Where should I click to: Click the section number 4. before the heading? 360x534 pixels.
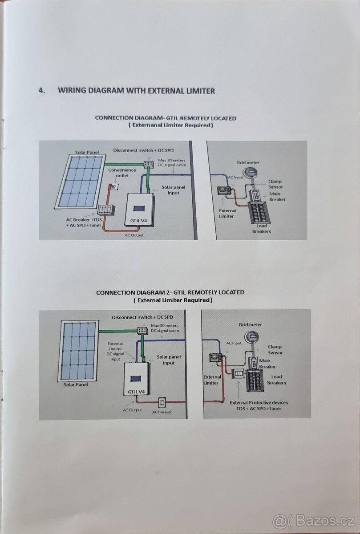(x=42, y=91)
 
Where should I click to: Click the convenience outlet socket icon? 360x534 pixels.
(x=114, y=187)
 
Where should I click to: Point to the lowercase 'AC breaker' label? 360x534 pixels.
(x=162, y=412)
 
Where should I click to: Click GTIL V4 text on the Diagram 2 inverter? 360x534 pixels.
(x=136, y=392)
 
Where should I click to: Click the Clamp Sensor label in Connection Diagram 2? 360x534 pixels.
(x=275, y=350)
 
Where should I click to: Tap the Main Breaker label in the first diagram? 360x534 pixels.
(x=277, y=197)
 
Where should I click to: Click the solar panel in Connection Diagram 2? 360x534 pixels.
(x=79, y=351)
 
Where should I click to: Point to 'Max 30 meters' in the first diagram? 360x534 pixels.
(x=168, y=160)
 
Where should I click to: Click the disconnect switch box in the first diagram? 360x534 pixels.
(x=147, y=165)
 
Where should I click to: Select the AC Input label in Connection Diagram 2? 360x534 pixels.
(x=234, y=343)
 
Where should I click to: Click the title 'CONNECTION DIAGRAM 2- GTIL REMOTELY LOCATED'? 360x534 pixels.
(x=170, y=292)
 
